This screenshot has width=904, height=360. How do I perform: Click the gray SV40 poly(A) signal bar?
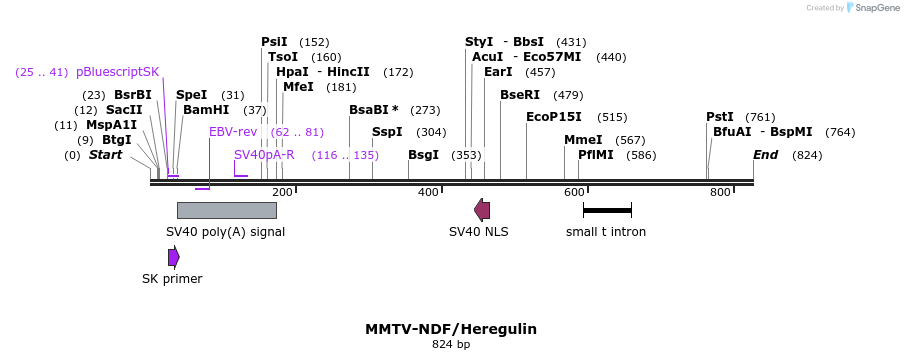(x=226, y=210)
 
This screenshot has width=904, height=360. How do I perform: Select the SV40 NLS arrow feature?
(x=482, y=210)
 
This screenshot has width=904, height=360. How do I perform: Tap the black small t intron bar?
(x=607, y=210)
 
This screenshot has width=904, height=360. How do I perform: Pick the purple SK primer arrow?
(x=173, y=257)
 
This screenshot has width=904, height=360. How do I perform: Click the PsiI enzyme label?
(x=274, y=42)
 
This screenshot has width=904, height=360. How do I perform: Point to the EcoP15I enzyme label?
(x=553, y=117)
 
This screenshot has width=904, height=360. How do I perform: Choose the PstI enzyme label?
(x=720, y=117)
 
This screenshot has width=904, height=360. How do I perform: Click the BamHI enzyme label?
(x=206, y=110)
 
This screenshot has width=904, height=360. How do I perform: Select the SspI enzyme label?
(x=387, y=132)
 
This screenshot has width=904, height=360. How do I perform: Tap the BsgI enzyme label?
(x=423, y=155)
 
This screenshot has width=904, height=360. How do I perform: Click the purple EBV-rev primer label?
(x=233, y=132)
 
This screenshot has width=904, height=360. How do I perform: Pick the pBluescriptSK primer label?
(x=117, y=72)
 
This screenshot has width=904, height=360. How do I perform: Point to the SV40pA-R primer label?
(x=264, y=155)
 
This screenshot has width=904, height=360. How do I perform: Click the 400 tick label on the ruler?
(x=428, y=192)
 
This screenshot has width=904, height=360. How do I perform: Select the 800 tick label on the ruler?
(x=720, y=192)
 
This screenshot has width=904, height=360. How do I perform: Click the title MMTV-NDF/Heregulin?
(x=451, y=328)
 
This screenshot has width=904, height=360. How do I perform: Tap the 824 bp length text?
(x=451, y=344)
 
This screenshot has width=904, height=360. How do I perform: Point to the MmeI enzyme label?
(x=583, y=140)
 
